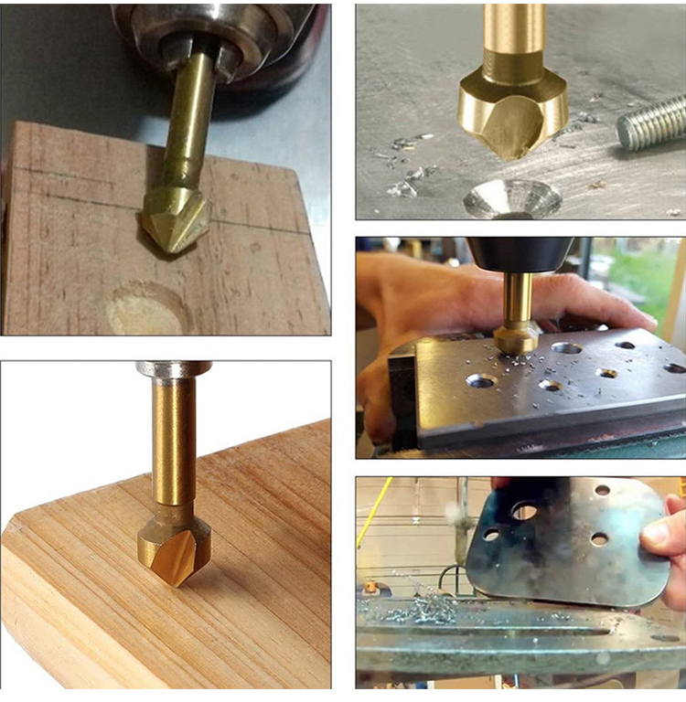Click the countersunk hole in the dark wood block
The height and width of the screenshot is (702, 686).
[x=147, y=309]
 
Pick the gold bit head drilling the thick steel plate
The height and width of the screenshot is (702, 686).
[x=518, y=337]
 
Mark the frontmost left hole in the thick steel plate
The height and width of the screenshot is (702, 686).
[x=481, y=380]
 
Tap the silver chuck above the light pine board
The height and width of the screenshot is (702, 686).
[x=174, y=368]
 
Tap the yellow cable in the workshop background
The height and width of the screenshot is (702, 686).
[x=374, y=512]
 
